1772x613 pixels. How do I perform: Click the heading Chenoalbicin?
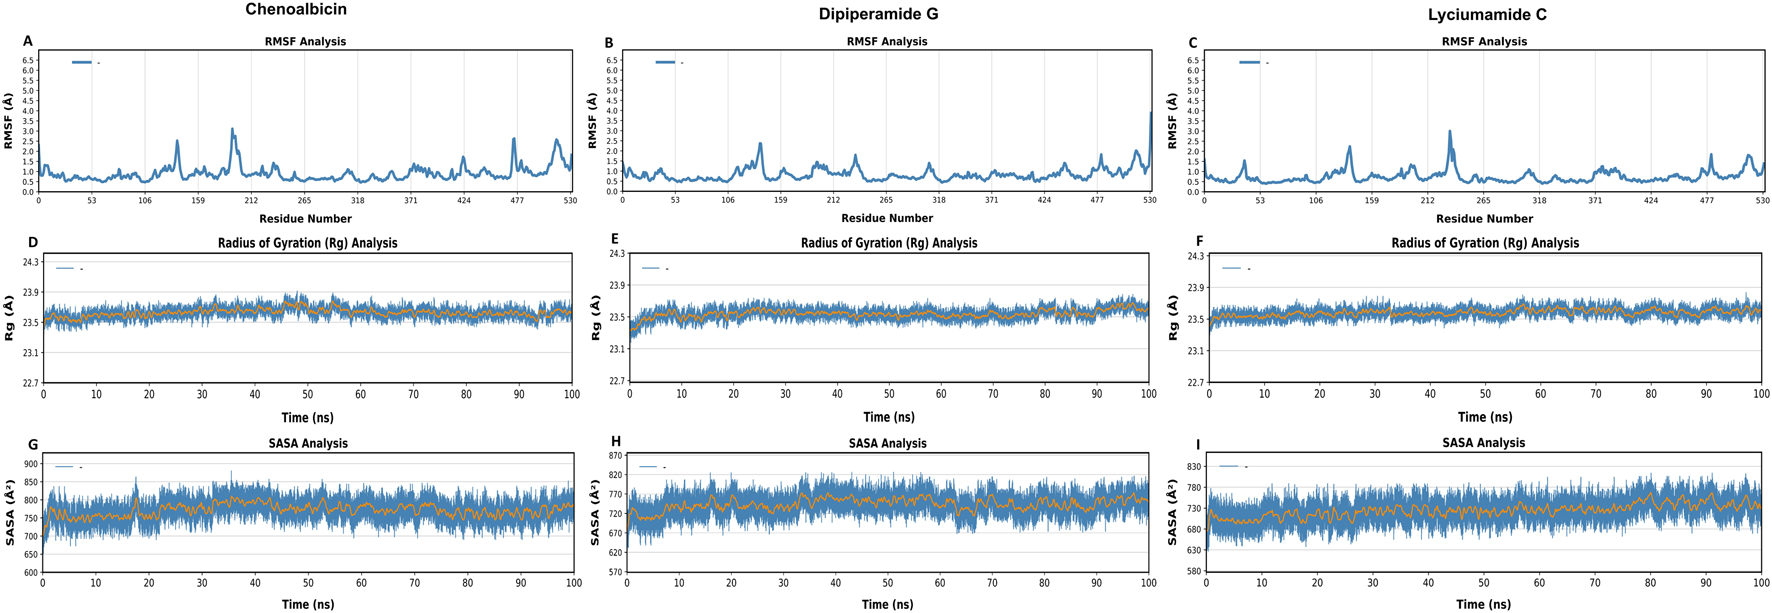296,10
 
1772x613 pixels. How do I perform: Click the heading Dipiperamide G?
878,14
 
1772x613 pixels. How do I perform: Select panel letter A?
28,41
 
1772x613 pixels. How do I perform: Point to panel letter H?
615,442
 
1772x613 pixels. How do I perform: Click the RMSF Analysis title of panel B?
886,42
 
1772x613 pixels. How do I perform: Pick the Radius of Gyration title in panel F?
1485,243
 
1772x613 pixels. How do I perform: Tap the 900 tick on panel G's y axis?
30,464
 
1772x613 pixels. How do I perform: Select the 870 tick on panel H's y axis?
615,455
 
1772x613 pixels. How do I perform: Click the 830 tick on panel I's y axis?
1194,467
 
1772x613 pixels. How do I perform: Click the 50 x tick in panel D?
308,395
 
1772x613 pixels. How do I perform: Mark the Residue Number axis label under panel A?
305,219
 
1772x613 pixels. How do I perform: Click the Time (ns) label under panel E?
889,417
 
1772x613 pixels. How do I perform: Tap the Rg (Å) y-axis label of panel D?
10,317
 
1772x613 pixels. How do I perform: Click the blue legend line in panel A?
82,62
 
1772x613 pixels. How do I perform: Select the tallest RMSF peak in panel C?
1449,131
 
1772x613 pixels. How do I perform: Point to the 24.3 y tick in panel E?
616,254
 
